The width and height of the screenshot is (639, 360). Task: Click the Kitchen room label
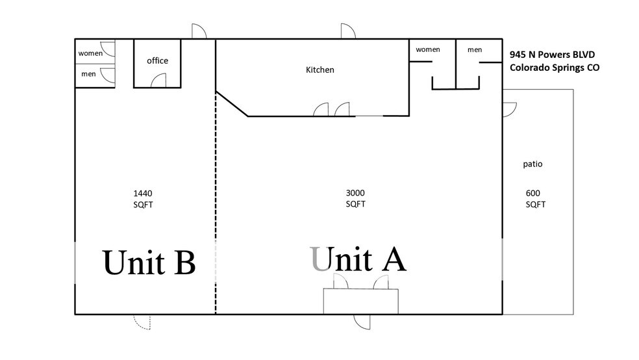(x=319, y=70)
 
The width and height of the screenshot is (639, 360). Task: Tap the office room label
(x=157, y=60)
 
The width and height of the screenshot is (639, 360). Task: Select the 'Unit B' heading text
(x=149, y=263)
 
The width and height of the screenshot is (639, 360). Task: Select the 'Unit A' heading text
(x=358, y=259)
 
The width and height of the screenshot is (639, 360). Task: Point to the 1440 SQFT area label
(x=142, y=198)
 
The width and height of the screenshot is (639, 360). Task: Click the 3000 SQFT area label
(x=355, y=198)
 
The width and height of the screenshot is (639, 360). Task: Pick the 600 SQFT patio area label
(x=535, y=198)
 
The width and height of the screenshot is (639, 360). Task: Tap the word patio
(x=532, y=164)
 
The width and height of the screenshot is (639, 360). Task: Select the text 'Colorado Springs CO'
(x=554, y=67)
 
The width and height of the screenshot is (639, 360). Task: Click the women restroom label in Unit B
(x=90, y=53)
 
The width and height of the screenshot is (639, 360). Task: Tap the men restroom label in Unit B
(x=88, y=74)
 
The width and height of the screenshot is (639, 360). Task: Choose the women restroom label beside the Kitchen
(x=428, y=49)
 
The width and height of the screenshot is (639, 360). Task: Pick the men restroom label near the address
(x=475, y=49)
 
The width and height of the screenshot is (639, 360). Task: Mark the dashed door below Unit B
(x=142, y=322)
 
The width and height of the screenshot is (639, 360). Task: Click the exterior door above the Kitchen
(x=347, y=31)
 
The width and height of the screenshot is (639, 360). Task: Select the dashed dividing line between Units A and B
(x=216, y=195)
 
